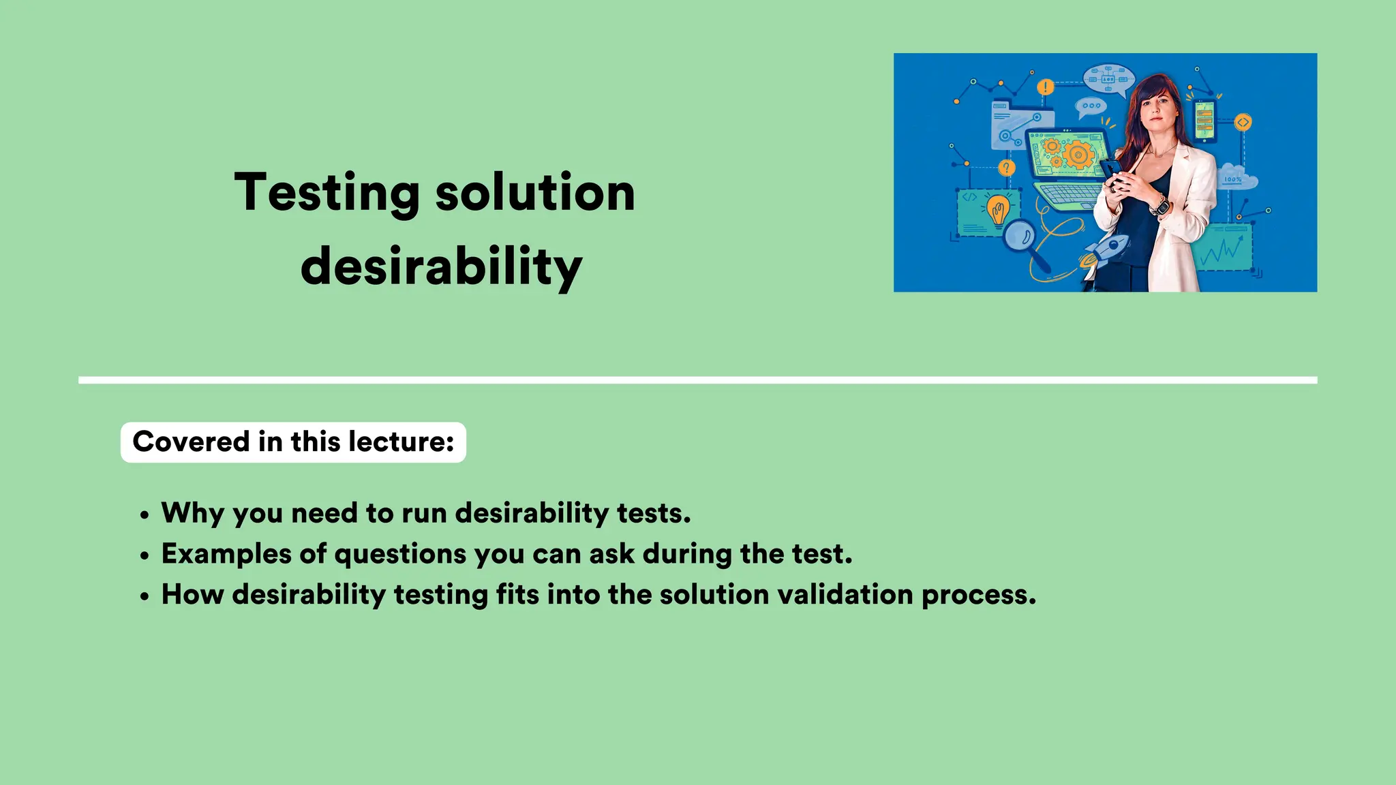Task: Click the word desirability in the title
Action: click(x=441, y=266)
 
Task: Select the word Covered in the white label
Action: click(x=191, y=442)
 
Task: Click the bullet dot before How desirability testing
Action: click(x=144, y=596)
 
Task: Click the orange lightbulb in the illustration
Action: click(x=999, y=209)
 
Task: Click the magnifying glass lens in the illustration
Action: click(x=1020, y=237)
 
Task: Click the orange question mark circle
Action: click(x=1007, y=168)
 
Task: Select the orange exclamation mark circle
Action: click(x=1046, y=87)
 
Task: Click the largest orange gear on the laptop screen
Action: click(x=1078, y=155)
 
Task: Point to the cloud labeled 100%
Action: click(x=1235, y=177)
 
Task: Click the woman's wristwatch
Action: click(x=1159, y=204)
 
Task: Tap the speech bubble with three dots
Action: click(x=1091, y=106)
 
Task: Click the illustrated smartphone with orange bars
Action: click(x=1204, y=121)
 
